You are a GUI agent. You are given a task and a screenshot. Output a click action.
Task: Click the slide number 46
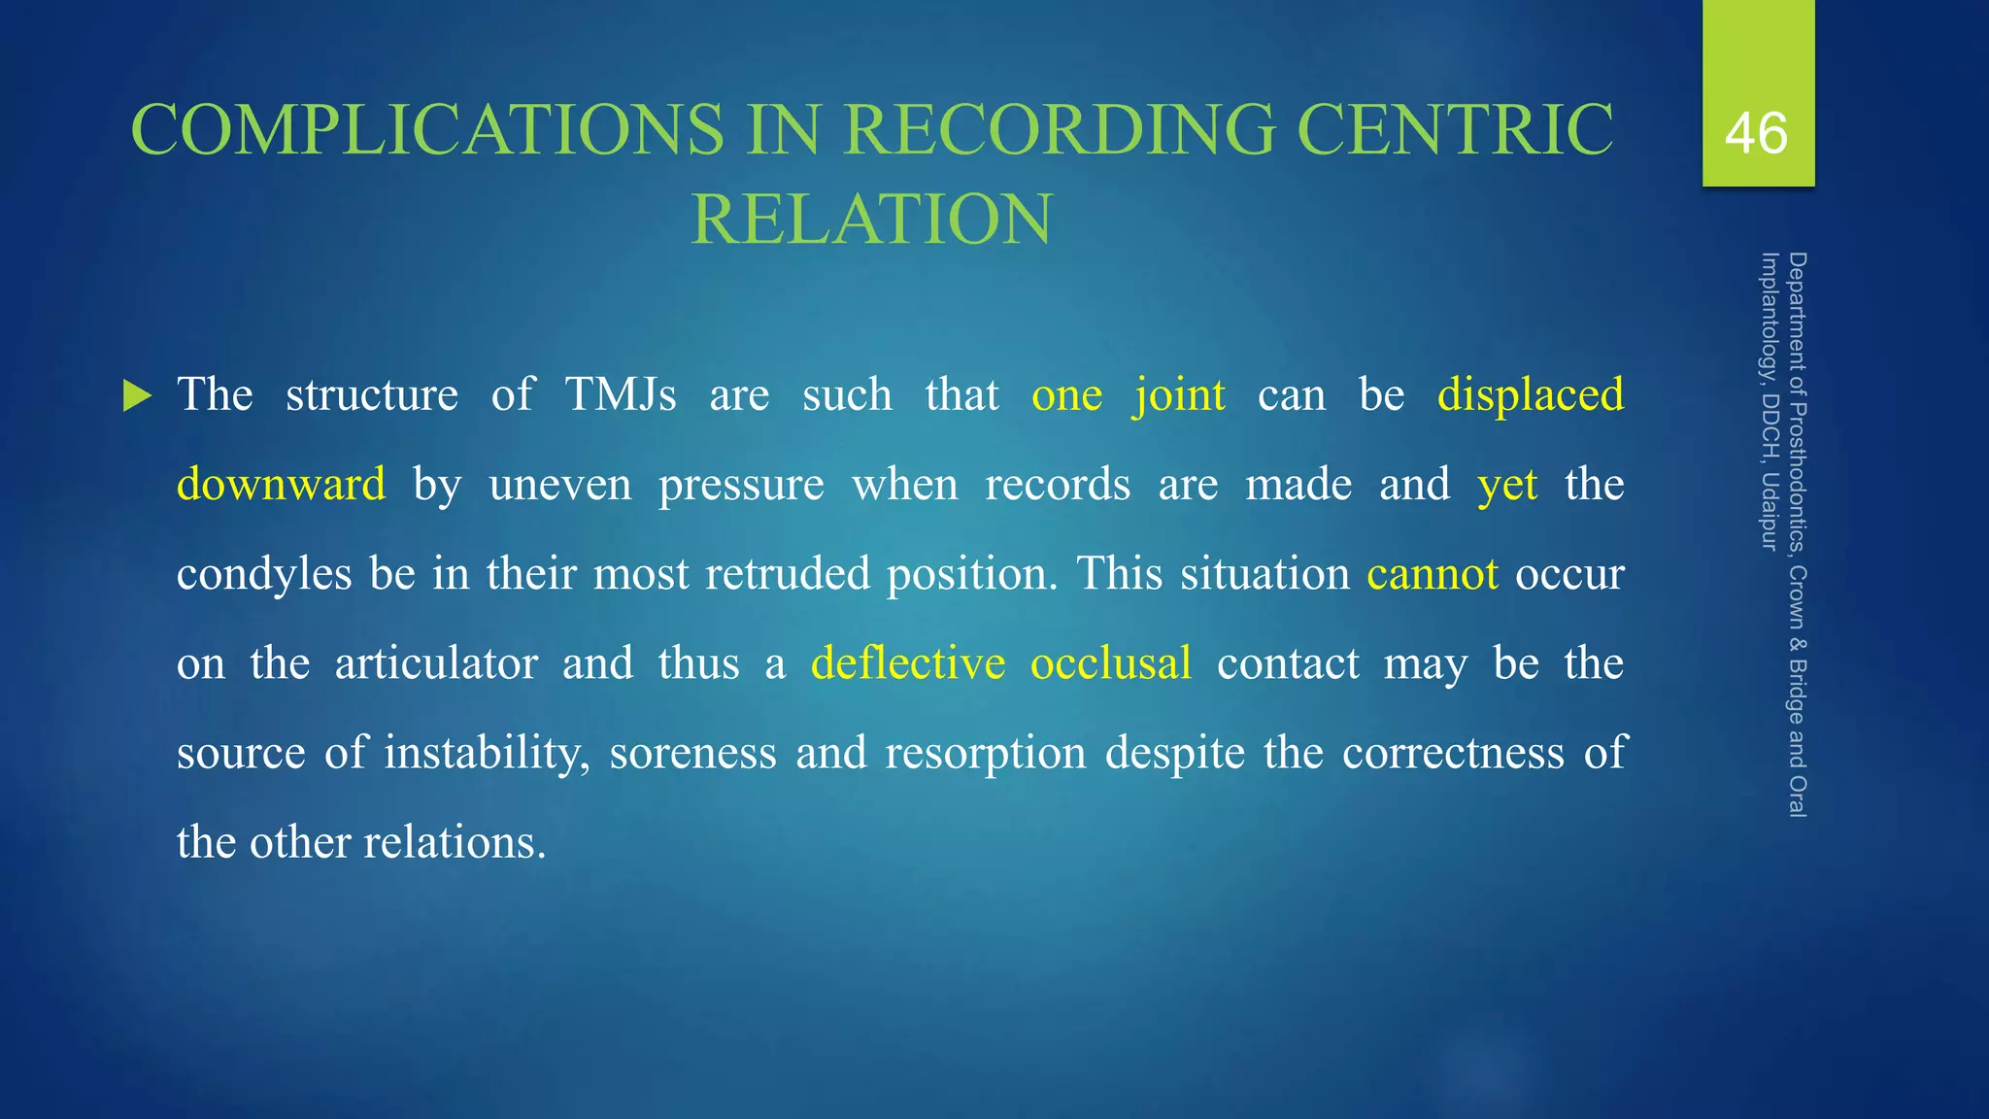[1756, 133]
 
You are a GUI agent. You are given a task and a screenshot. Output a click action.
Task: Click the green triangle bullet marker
[138, 396]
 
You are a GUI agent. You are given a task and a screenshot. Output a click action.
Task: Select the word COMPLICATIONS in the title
[427, 129]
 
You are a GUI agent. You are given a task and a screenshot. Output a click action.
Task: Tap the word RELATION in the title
[871, 219]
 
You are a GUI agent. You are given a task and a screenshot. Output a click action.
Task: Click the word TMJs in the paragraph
[621, 395]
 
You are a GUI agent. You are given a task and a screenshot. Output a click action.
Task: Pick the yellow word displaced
[1530, 395]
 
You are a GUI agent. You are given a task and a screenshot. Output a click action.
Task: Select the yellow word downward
[281, 485]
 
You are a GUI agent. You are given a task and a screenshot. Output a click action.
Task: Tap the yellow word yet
[1507, 485]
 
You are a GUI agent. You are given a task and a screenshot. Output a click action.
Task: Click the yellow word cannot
[1432, 574]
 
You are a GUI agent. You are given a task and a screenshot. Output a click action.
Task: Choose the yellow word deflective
[908, 663]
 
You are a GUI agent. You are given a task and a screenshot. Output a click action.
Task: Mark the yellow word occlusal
[1110, 663]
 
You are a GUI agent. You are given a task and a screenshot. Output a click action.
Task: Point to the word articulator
[436, 663]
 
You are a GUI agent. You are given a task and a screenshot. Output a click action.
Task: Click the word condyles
[264, 574]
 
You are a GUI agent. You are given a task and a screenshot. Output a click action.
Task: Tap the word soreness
[692, 753]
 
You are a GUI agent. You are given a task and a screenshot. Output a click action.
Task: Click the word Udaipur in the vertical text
[1770, 511]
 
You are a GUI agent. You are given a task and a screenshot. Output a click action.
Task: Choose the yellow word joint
[1179, 395]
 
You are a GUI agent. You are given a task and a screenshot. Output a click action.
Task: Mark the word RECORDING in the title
[1058, 129]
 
